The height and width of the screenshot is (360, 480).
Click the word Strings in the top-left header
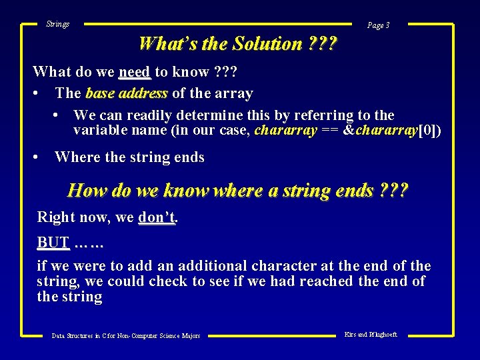point(57,24)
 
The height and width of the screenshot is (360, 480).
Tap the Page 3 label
point(378,25)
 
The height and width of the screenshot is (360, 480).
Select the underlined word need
point(135,71)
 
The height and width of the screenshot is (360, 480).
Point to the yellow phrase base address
point(127,93)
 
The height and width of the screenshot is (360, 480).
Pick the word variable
point(98,130)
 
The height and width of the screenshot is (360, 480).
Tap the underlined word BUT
point(53,242)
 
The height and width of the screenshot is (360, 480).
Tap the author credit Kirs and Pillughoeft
point(371,334)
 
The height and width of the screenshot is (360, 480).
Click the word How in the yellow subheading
point(87,191)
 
